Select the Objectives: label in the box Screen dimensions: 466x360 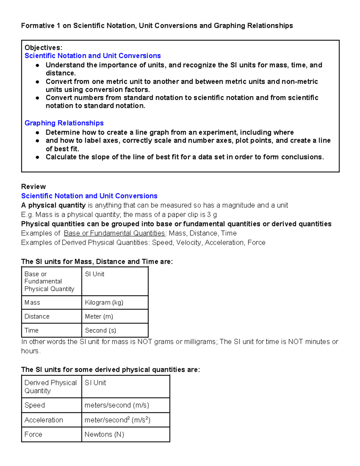[x=43, y=48]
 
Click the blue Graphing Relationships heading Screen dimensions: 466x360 [x=64, y=123]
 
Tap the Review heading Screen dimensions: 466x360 [x=33, y=187]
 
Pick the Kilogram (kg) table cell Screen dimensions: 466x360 [x=104, y=302]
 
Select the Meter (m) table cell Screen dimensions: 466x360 [x=99, y=316]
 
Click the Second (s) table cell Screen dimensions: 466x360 [x=100, y=330]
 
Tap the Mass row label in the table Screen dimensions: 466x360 [x=32, y=302]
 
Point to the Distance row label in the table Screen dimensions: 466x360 [x=37, y=316]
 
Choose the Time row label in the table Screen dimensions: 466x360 [x=31, y=330]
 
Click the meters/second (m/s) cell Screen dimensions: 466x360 [x=117, y=405]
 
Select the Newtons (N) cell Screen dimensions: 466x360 [x=104, y=434]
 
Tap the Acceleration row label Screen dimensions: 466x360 [x=44, y=420]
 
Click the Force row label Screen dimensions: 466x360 [x=33, y=434]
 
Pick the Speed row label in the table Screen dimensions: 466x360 [x=34, y=405]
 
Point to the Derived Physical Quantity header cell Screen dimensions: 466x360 [x=50, y=386]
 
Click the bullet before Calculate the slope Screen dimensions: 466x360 [x=37, y=157]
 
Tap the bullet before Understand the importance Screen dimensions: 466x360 [x=37, y=65]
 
